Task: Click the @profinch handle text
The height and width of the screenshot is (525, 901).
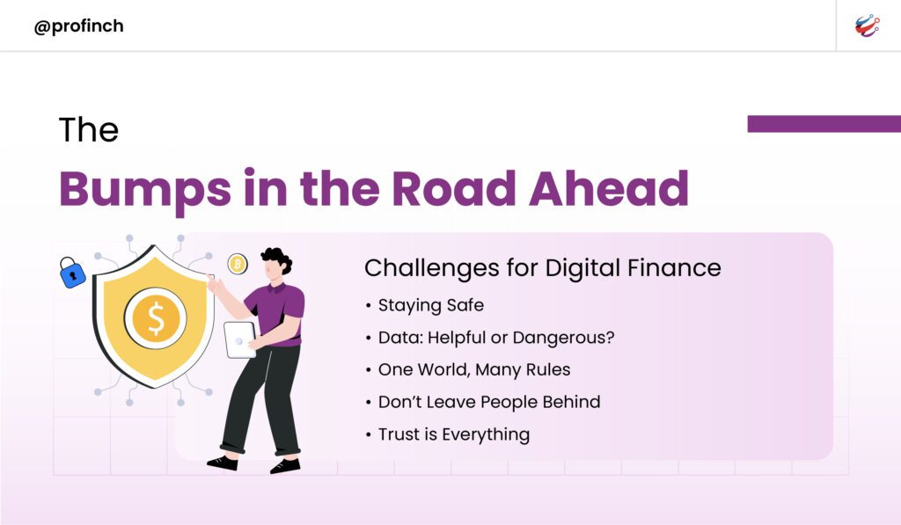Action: (78, 26)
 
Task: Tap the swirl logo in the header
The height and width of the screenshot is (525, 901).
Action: (867, 26)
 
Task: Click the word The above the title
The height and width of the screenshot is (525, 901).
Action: (89, 129)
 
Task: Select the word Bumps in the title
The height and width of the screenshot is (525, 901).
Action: (145, 189)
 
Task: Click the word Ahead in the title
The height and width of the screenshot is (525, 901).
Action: (609, 188)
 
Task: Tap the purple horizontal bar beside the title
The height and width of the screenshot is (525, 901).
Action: (824, 123)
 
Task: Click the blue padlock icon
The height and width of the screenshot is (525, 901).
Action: (72, 273)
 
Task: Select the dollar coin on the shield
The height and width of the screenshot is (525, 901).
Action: (156, 318)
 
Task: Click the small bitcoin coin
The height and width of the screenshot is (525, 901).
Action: (238, 264)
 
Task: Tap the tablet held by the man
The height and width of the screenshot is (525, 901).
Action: (239, 339)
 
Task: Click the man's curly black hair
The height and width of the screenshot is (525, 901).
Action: (277, 258)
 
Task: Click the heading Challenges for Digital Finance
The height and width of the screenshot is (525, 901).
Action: (542, 268)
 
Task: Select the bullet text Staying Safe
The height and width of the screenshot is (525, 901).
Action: (431, 305)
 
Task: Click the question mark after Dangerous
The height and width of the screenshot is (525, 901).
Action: (610, 337)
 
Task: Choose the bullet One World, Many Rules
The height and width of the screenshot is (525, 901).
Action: (474, 370)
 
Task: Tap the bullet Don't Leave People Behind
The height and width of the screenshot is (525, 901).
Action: (489, 402)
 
